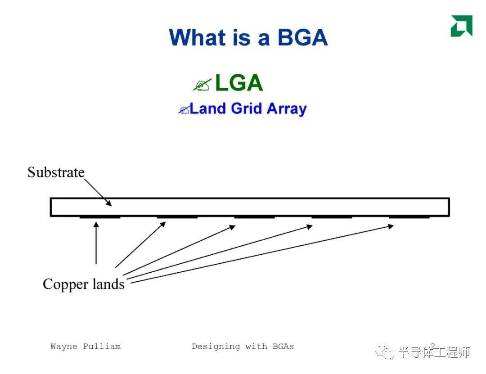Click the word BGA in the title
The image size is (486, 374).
pos(302,37)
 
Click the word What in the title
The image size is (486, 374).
pos(198,37)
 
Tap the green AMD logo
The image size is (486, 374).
pos(462,26)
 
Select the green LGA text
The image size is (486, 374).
pos(238,83)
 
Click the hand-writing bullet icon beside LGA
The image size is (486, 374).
pos(202,84)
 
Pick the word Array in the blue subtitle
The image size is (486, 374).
pos(287,109)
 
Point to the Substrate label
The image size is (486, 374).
pos(56,172)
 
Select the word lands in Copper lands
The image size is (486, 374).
pos(108,284)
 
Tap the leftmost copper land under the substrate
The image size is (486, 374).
pos(100,217)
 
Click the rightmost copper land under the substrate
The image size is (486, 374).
pos(409,217)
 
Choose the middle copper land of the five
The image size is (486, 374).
pos(254,217)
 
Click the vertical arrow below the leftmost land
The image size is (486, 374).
pos(96,243)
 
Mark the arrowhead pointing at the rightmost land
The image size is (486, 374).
pos(391,226)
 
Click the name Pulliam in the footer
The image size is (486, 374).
pos(102,347)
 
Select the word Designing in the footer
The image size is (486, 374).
pos(216,347)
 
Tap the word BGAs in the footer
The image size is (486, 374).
pos(283,347)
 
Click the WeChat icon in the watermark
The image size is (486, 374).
pos(384,351)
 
